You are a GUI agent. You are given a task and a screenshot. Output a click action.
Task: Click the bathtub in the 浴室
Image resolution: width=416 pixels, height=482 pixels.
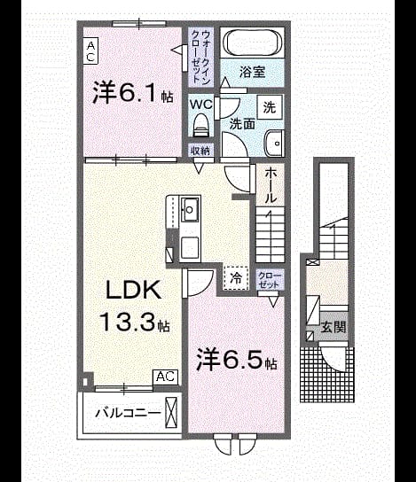click(253, 43)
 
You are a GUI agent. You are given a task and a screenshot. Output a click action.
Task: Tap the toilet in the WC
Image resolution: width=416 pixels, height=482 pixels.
click(200, 125)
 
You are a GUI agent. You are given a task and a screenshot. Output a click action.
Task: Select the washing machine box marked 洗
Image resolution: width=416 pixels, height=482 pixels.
click(270, 107)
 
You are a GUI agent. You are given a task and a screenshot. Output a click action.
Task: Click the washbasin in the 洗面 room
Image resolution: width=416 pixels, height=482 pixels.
click(274, 144)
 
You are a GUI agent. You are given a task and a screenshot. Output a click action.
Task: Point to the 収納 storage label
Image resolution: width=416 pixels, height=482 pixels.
click(200, 151)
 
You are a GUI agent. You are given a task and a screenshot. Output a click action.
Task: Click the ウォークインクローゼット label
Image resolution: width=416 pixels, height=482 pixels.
click(200, 58)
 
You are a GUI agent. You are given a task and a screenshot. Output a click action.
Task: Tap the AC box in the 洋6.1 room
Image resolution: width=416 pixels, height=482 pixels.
click(90, 51)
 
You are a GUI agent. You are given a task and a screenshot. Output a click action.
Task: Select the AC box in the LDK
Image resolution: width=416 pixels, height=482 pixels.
click(166, 377)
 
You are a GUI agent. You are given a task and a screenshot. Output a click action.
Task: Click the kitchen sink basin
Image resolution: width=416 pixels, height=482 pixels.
click(191, 209)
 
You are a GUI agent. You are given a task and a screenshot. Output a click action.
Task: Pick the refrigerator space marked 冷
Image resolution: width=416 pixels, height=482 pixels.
click(236, 278)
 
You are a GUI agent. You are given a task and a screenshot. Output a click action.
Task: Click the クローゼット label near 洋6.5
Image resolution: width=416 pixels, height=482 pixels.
click(269, 279)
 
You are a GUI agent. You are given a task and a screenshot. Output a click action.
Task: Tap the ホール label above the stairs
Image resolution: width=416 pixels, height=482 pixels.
click(270, 185)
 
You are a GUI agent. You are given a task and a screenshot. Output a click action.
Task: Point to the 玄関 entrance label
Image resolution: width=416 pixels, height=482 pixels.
click(334, 327)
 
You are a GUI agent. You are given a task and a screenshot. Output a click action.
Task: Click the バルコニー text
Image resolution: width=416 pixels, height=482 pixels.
click(128, 413)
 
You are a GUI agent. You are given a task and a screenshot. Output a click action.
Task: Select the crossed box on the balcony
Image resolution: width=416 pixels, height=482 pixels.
click(171, 413)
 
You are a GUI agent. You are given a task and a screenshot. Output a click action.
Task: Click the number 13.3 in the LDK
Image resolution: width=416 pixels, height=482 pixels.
click(127, 322)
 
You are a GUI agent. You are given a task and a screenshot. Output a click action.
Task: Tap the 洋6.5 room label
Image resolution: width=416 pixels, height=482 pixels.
click(237, 359)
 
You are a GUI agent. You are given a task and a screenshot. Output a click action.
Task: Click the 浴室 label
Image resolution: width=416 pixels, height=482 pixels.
click(252, 72)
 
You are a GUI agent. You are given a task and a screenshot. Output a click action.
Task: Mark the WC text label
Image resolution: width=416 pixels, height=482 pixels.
click(201, 105)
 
